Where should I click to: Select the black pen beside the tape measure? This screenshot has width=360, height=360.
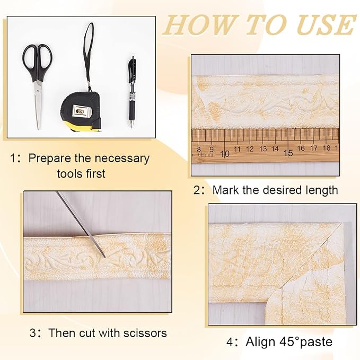pos(131,92)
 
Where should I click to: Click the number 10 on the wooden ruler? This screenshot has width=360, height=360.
pos(225,154)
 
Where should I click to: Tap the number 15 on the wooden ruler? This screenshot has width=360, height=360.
pos(288,153)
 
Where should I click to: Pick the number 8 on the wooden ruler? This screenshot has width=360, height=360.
pos(199,150)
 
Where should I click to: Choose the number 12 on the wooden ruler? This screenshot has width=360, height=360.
pos(250,149)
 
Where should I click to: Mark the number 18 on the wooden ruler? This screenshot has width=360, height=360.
pos(327,148)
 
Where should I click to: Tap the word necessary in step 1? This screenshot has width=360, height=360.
pos(122,159)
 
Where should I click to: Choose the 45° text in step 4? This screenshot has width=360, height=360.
pos(289,341)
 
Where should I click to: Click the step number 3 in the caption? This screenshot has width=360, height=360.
pos(33,333)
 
